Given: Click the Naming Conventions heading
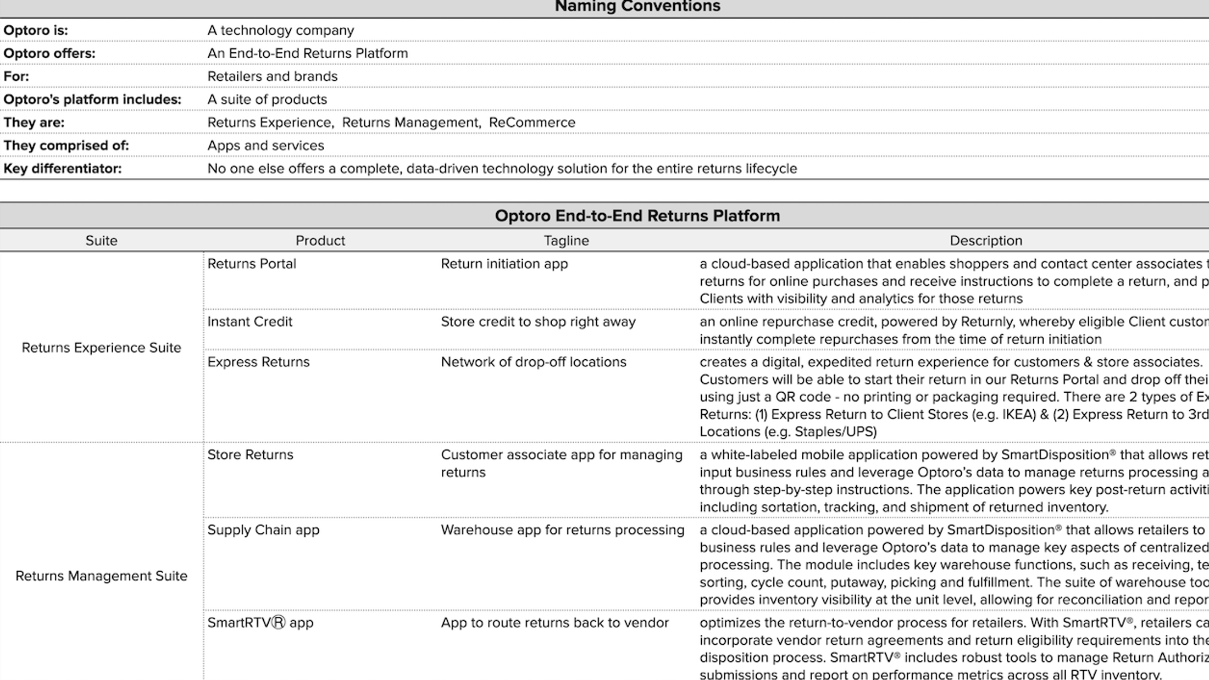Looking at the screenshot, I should pos(637,7).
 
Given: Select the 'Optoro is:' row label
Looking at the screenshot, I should pos(36,30).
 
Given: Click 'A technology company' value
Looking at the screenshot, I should pos(280,30).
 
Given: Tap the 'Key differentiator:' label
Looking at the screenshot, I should pos(63,169).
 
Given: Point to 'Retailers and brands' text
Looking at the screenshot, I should pos(272,76).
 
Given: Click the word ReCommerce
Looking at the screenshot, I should pos(532,122).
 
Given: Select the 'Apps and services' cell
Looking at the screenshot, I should pos(265,146).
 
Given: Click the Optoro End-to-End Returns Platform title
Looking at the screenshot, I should pos(637,215).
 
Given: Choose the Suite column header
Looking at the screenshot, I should pos(101,241).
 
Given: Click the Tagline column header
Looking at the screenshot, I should pos(566,241).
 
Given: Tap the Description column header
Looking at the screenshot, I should pos(986,241).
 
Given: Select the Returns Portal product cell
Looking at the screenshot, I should pos(252,264).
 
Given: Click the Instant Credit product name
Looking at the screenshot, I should pos(249,322).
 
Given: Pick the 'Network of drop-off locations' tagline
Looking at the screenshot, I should pos(533,362).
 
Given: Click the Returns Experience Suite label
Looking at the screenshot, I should pos(101,348).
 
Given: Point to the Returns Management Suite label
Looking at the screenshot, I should pos(101,576).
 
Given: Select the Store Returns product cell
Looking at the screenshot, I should pos(250,455).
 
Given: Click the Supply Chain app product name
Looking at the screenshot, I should pos(263,530).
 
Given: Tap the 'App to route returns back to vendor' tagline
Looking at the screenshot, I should pos(554,623).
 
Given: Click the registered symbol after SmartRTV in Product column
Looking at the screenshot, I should pos(279,623).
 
